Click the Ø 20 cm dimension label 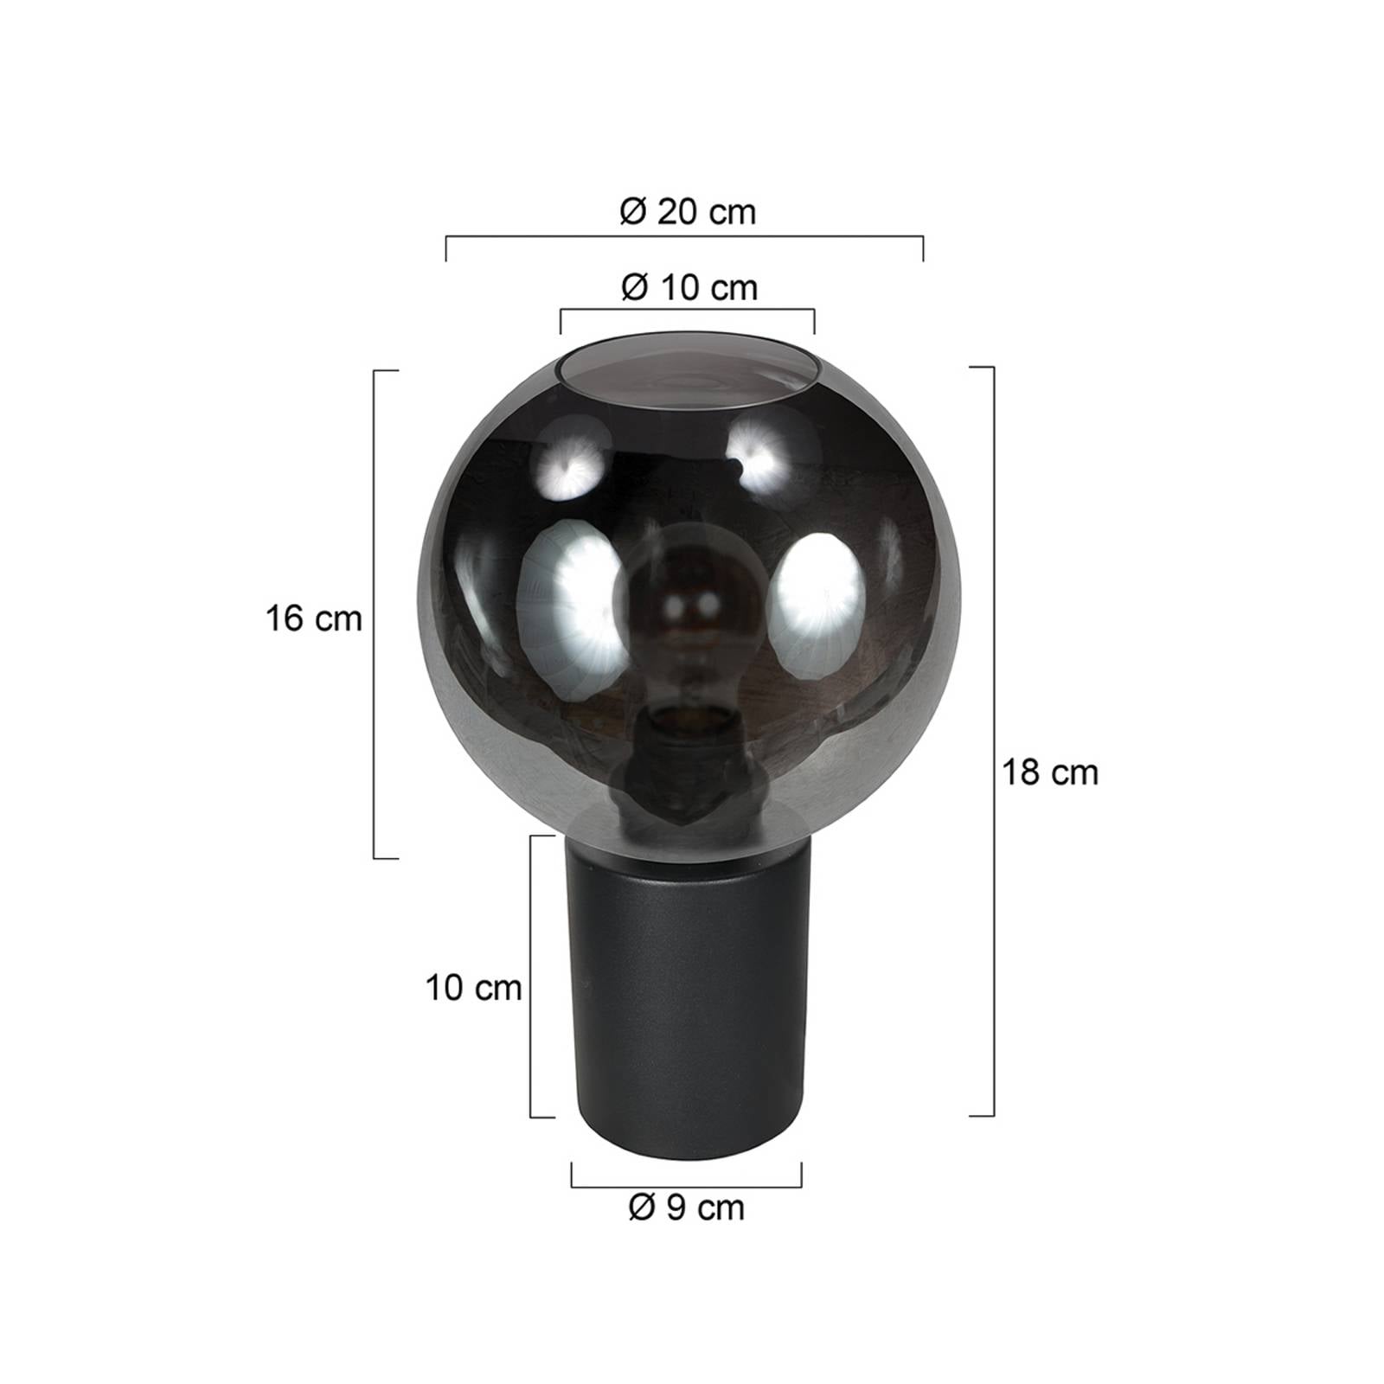pyautogui.click(x=688, y=212)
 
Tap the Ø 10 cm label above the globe pyautogui.click(x=689, y=287)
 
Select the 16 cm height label pyautogui.click(x=313, y=619)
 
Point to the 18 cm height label pyautogui.click(x=1050, y=772)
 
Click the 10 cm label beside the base pyautogui.click(x=473, y=988)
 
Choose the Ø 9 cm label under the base pyautogui.click(x=687, y=1208)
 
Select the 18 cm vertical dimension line pyautogui.click(x=993, y=741)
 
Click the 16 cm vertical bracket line pyautogui.click(x=374, y=614)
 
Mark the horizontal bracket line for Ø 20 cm pyautogui.click(x=684, y=236)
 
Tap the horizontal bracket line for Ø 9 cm pyautogui.click(x=686, y=1186)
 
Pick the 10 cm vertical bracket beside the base pyautogui.click(x=531, y=976)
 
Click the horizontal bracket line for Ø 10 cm pyautogui.click(x=687, y=311)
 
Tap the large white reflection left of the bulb pyautogui.click(x=567, y=597)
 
